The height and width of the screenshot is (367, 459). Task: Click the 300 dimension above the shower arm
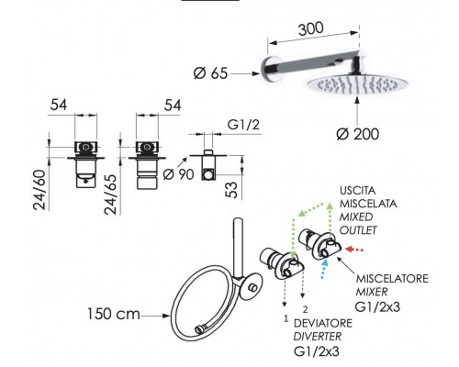click(x=310, y=28)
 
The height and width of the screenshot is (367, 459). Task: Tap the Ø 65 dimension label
click(x=211, y=73)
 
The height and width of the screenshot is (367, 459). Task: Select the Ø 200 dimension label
click(x=358, y=134)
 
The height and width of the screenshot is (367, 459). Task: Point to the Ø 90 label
click(x=178, y=174)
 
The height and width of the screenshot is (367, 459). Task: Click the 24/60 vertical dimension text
click(x=39, y=190)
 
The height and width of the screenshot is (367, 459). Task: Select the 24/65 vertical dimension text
click(x=110, y=195)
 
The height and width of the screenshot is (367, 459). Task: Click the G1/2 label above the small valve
click(x=243, y=125)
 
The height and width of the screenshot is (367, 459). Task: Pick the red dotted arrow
click(x=354, y=250)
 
